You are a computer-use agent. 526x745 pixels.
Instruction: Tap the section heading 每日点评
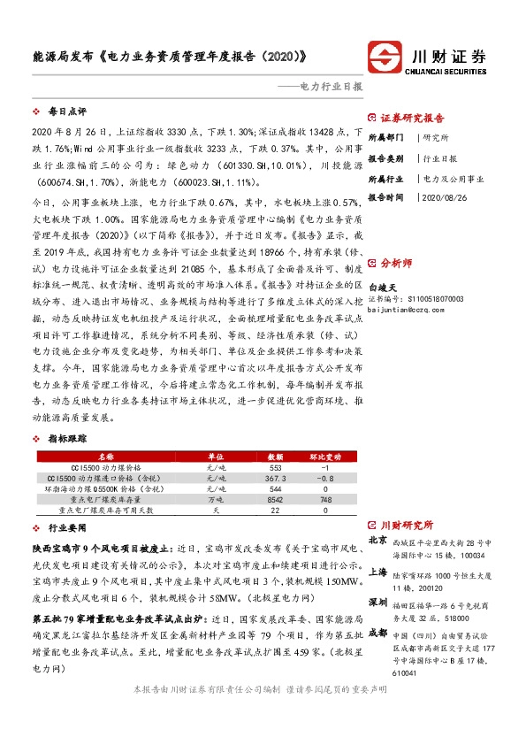[x=67, y=112]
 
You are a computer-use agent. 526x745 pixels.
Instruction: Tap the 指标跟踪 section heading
[x=67, y=439]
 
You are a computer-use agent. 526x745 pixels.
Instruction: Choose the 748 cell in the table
[x=324, y=499]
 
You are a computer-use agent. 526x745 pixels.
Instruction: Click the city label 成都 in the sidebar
[x=377, y=634]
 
